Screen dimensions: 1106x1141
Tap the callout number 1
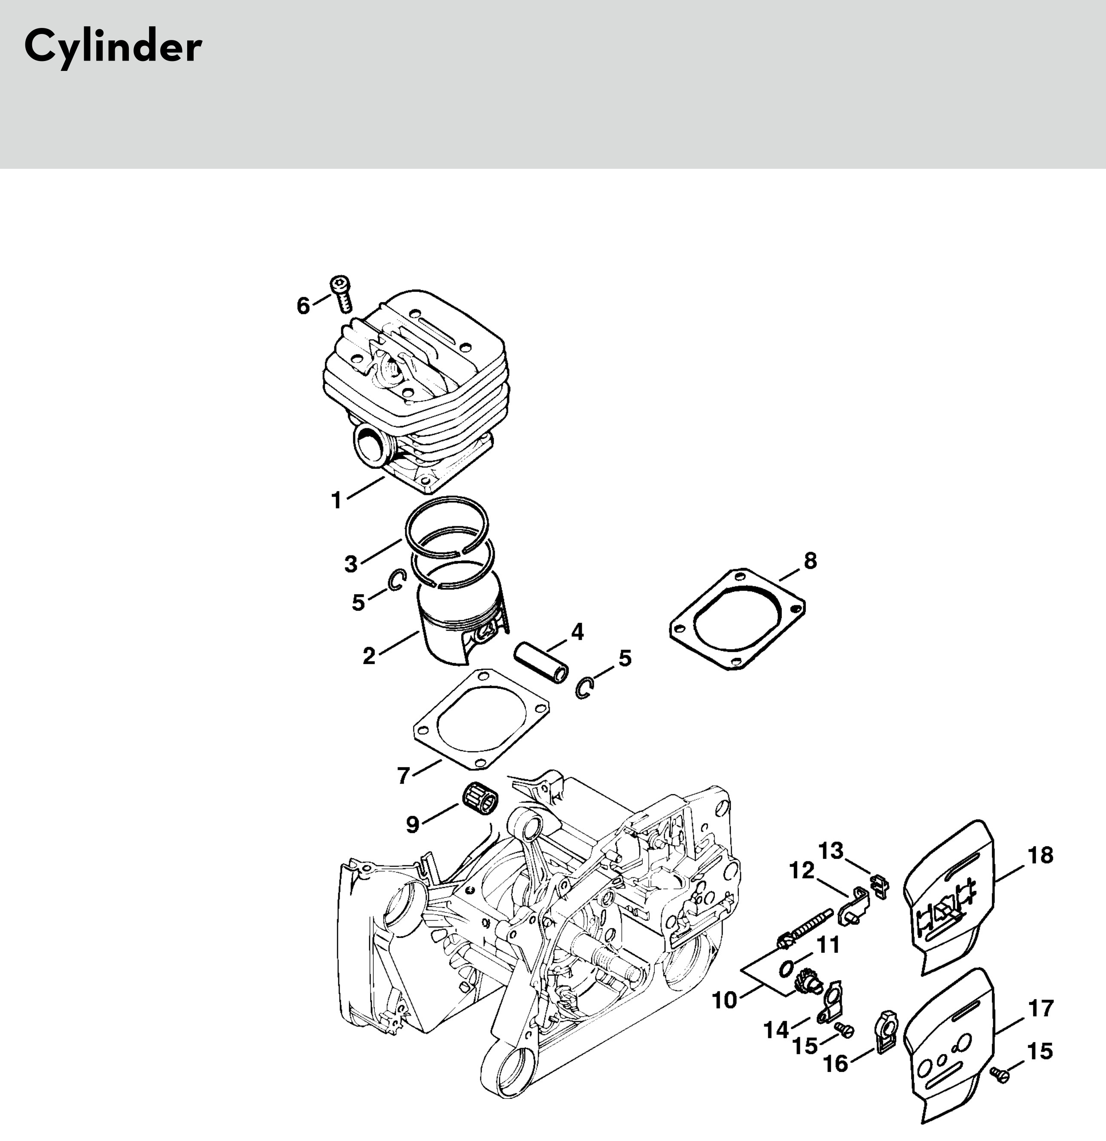tap(336, 500)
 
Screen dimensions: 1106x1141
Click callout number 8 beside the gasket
tap(810, 561)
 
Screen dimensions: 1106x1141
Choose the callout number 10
tap(724, 1000)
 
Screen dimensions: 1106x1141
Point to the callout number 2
tap(369, 656)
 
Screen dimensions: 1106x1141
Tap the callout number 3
tap(351, 564)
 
